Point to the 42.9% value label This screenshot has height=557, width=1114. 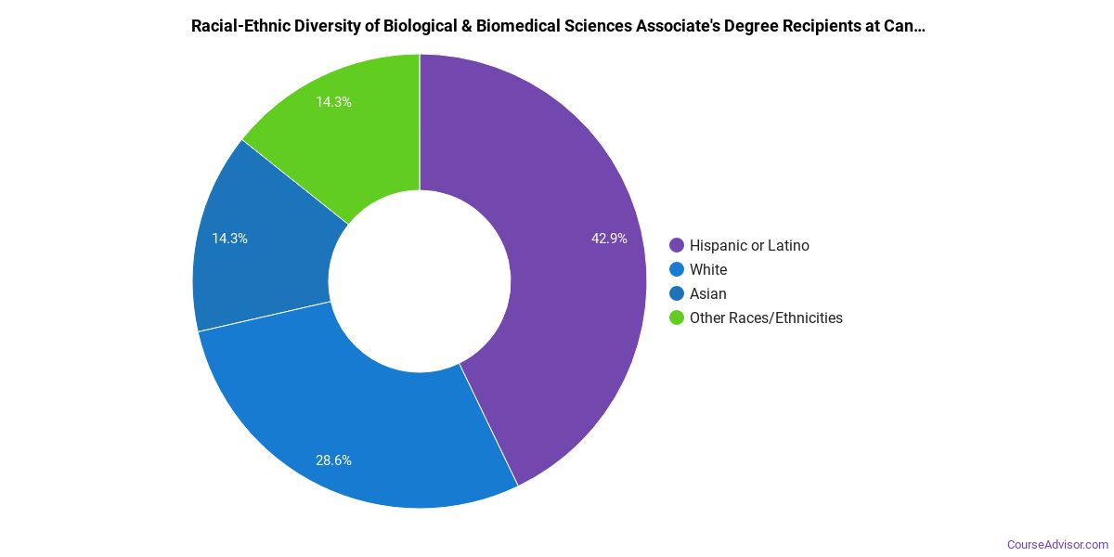pos(609,239)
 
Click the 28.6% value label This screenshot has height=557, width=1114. pos(333,460)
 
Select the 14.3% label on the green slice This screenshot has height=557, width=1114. pos(333,102)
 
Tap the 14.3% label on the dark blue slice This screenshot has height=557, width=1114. pos(229,239)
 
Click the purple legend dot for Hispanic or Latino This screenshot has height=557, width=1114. pos(677,246)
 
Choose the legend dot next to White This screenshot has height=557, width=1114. pos(677,270)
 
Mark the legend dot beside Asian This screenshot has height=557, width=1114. pos(677,294)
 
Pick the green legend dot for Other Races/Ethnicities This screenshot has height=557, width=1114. pos(677,318)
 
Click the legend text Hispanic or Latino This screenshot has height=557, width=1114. pos(749,246)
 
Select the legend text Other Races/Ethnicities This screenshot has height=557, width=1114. pos(766,318)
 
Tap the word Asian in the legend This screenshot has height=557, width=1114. pos(708,294)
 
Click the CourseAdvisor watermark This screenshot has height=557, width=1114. pos(1057,544)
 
